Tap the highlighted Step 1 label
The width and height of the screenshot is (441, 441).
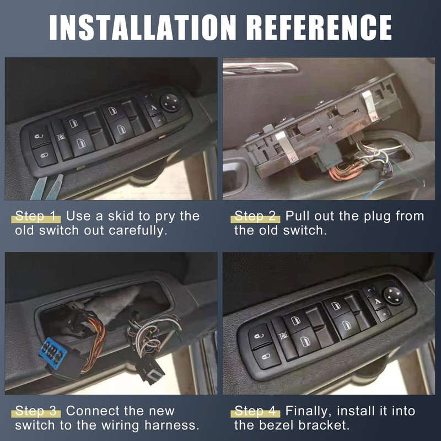(36, 216)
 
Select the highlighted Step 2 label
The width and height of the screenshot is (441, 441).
(256, 216)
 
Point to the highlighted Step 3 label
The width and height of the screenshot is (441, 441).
(36, 411)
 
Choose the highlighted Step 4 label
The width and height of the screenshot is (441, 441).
(256, 411)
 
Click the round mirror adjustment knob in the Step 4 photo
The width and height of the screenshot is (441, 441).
(393, 295)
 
